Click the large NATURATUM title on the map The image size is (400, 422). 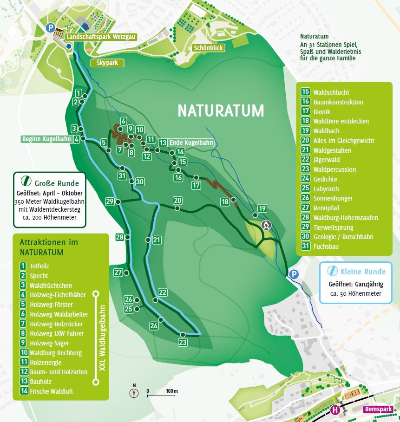[x=221, y=111]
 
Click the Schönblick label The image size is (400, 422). [x=208, y=48]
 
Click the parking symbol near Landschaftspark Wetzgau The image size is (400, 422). [x=50, y=28]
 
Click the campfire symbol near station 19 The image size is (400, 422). [x=266, y=225]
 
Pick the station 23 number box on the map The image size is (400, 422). [x=182, y=343]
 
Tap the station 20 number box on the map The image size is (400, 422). [x=177, y=201]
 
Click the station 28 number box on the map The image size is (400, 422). [x=120, y=237]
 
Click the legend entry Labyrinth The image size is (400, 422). [x=326, y=189]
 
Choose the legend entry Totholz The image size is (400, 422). [x=39, y=266]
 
